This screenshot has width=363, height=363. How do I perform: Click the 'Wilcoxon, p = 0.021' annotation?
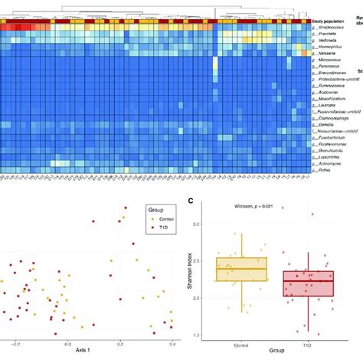[251, 207]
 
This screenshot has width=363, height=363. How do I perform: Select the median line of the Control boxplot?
[241, 269]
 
